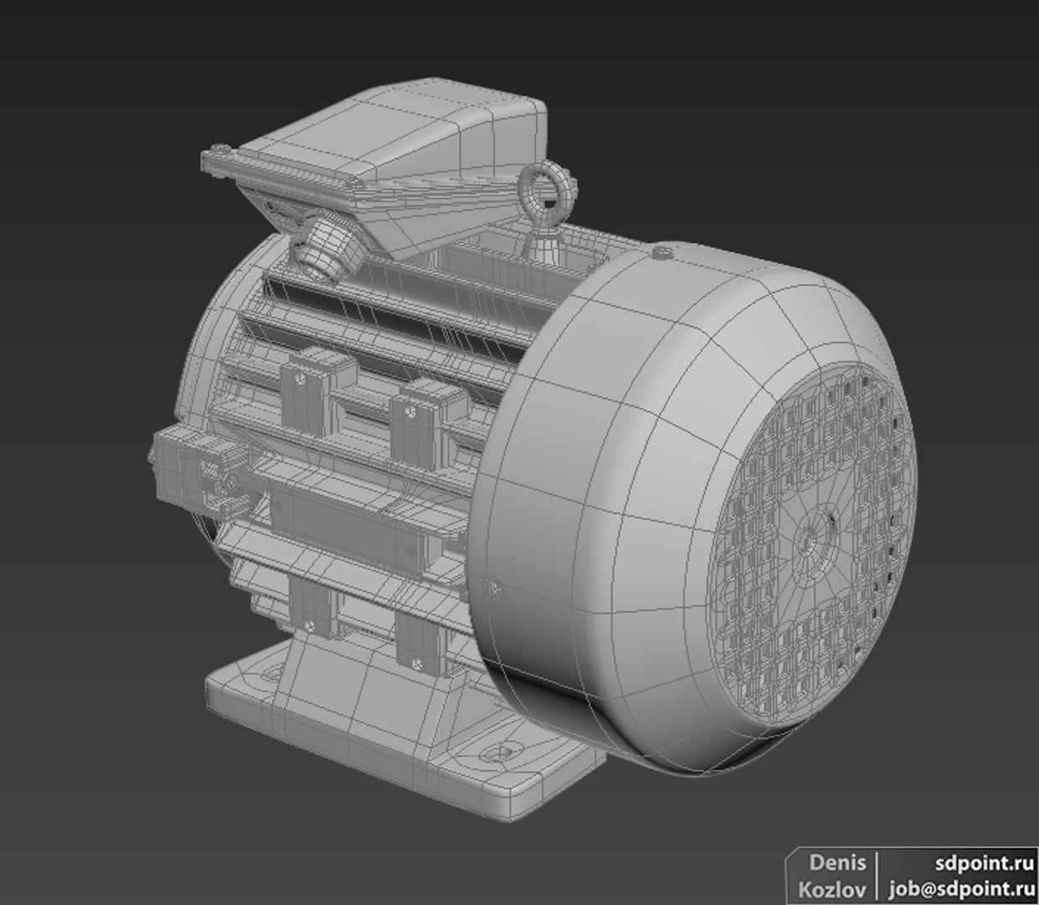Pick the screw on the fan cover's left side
[493, 587]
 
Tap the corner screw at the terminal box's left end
[220, 151]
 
